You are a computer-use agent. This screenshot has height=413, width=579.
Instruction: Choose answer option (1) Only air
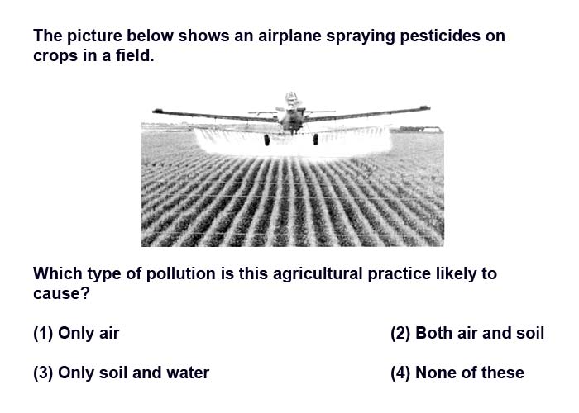(x=76, y=333)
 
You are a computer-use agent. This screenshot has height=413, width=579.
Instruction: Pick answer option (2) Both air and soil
(x=467, y=333)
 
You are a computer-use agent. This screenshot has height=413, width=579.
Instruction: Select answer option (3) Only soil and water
(x=121, y=373)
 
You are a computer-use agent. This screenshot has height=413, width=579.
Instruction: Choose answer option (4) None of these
(x=457, y=373)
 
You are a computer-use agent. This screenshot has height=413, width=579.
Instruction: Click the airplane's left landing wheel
(x=266, y=140)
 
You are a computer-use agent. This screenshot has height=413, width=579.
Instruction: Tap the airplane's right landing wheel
(x=315, y=140)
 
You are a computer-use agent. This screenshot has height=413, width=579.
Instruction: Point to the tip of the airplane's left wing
(x=156, y=110)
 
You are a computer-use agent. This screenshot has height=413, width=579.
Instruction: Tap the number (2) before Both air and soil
(x=400, y=333)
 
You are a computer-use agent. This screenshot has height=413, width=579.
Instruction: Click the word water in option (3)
(x=188, y=373)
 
